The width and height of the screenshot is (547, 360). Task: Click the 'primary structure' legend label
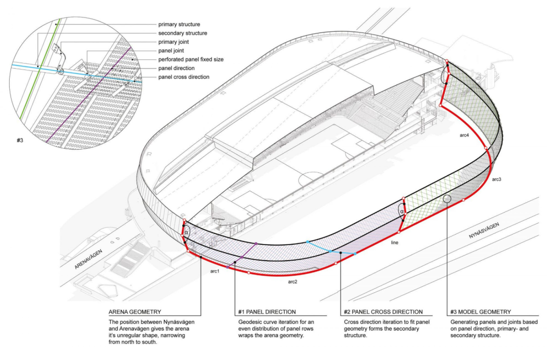point(179,24)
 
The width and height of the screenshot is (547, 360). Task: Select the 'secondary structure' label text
point(183,33)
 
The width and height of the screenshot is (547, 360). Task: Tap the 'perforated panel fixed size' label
point(191,60)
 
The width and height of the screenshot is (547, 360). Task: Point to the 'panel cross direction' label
point(184,77)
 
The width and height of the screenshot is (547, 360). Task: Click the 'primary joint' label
point(173,42)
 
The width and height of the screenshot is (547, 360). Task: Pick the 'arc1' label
point(215,271)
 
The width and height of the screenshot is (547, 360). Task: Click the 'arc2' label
point(293,282)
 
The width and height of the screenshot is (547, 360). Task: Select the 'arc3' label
point(496,179)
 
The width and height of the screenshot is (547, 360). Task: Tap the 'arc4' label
point(464,135)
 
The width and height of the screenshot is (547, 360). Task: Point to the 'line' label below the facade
point(395,243)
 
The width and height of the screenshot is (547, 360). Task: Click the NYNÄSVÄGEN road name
point(484,231)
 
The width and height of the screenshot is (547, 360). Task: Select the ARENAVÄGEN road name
point(88,259)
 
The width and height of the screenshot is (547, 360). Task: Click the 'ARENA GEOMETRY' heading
point(135,312)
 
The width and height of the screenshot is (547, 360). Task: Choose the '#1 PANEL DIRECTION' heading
point(267,312)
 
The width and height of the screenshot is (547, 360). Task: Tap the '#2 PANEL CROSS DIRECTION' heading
point(383,312)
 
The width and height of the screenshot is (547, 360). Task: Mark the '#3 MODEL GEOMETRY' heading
point(480,312)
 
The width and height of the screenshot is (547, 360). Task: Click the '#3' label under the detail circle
point(20,141)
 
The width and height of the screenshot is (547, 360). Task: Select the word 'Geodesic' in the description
point(250,322)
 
